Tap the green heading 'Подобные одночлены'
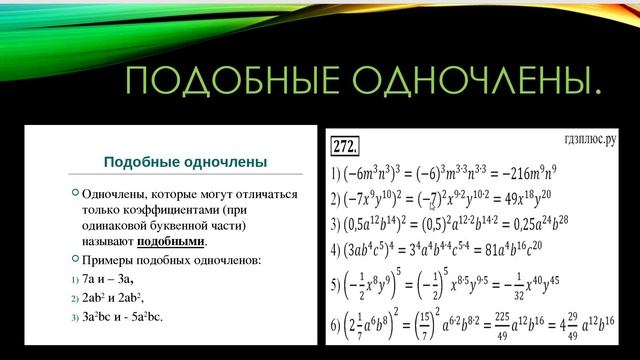185,161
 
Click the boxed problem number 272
349,142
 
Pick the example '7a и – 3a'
110,278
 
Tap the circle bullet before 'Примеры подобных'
76,259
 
